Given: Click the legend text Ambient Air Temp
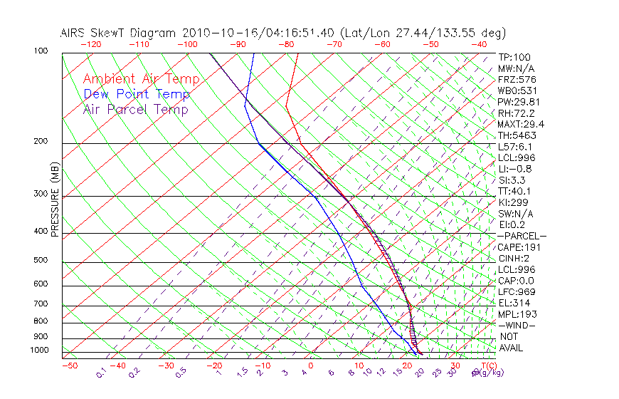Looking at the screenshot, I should tap(141, 79).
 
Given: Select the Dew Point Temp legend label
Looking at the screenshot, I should tap(137, 94).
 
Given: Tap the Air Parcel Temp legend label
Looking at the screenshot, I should tap(135, 109).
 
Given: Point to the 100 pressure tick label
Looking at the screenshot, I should tap(41, 51).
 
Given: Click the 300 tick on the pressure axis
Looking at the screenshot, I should tap(41, 194).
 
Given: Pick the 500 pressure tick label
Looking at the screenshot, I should tap(41, 260).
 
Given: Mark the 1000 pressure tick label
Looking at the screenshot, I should tap(38, 351).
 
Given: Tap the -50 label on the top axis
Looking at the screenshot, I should tap(430, 44).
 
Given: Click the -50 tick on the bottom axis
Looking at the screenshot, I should tap(69, 366).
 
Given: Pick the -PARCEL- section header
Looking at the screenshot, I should tap(522, 236).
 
